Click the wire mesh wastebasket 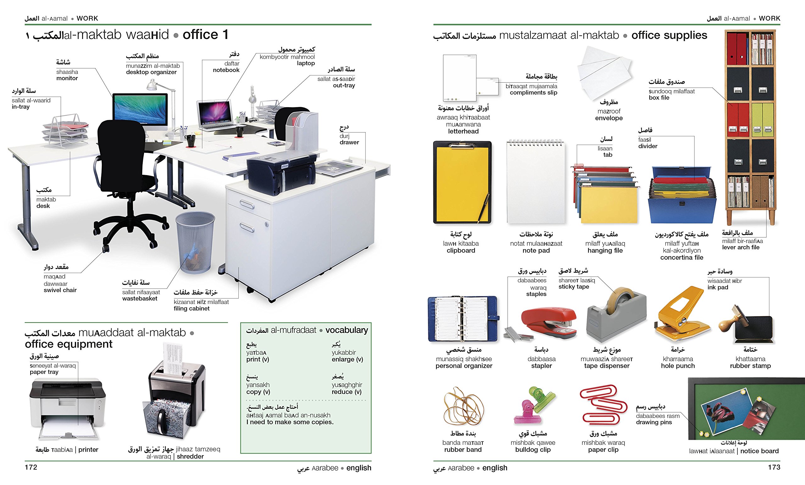pos(195,242)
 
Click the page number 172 pos(31,467)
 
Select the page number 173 pos(774,467)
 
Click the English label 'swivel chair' pos(60,290)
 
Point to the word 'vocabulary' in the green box pos(347,330)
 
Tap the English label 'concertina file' pos(681,257)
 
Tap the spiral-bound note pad pos(536,182)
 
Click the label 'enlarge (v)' pos(347,359)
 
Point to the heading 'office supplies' pos(669,35)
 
